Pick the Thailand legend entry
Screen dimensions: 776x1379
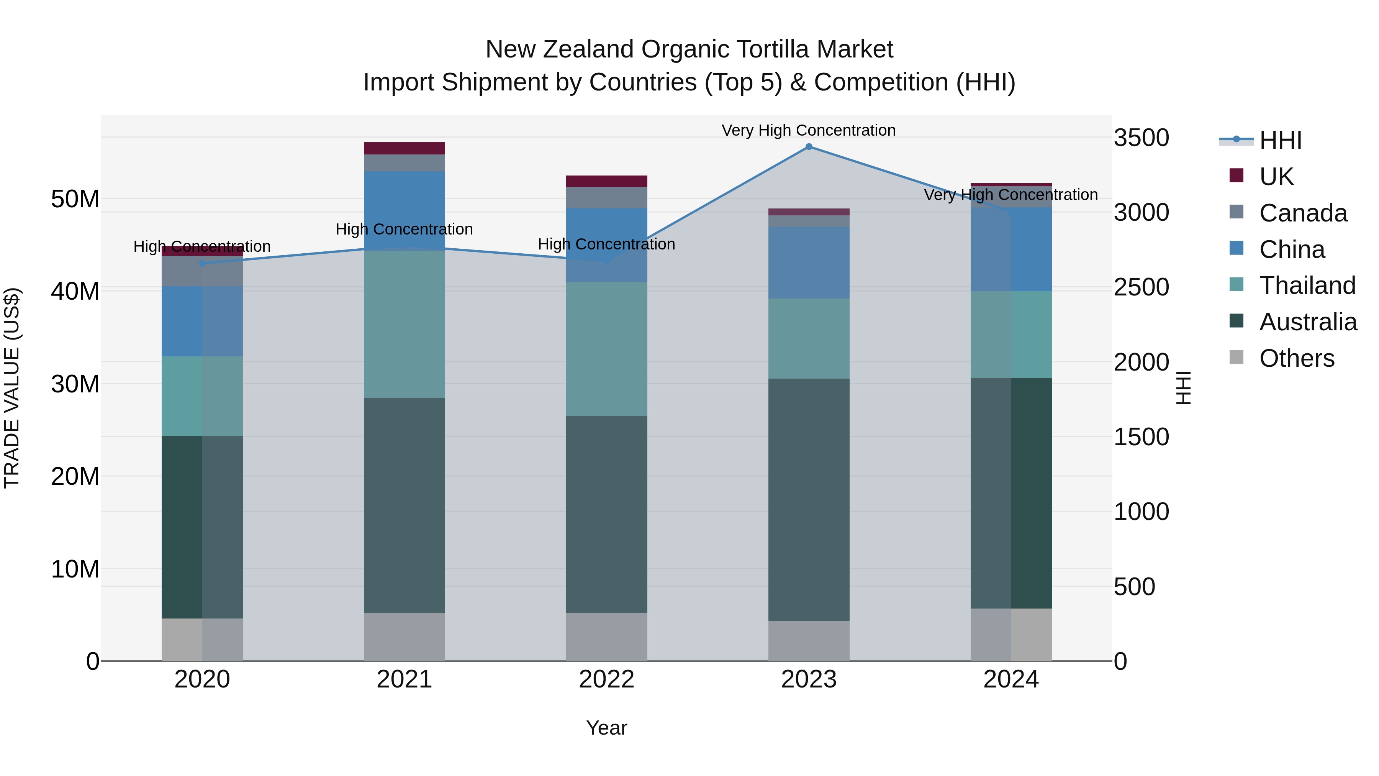1307,285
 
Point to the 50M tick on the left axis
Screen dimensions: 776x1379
75,199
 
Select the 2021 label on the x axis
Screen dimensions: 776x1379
404,679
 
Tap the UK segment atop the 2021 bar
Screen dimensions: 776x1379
404,148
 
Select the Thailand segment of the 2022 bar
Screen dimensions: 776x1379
606,349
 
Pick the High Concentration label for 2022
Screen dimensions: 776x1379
606,244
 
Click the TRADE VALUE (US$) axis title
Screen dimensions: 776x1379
12,388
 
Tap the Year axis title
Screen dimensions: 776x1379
606,728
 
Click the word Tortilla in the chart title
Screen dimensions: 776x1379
757,49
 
